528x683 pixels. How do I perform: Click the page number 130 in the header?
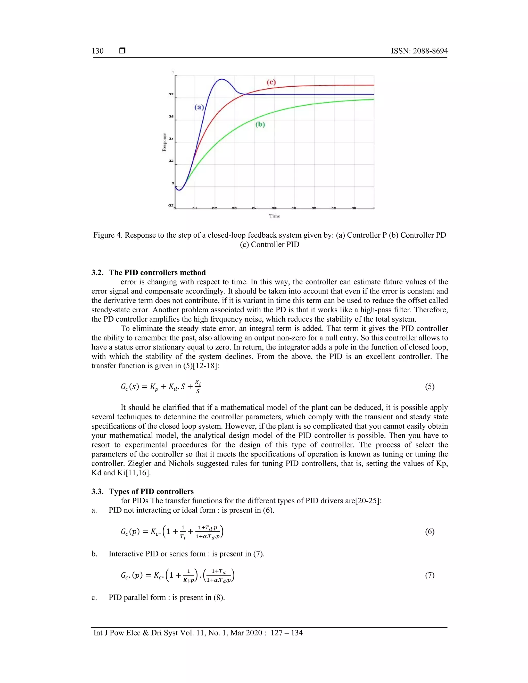[98, 51]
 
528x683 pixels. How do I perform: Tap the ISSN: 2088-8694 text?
[419, 51]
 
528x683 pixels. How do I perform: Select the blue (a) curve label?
[199, 107]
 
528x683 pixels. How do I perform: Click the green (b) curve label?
[260, 124]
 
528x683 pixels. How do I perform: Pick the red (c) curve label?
[271, 82]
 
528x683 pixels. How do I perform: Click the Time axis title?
[274, 216]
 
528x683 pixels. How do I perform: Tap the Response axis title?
[164, 142]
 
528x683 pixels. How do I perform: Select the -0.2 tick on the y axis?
[171, 205]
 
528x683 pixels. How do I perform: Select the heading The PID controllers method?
[157, 272]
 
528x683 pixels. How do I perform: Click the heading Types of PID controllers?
[151, 491]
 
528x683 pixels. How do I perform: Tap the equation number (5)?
[430, 387]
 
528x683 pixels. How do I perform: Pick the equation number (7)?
[430, 575]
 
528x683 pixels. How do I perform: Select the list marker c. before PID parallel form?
[94, 597]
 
